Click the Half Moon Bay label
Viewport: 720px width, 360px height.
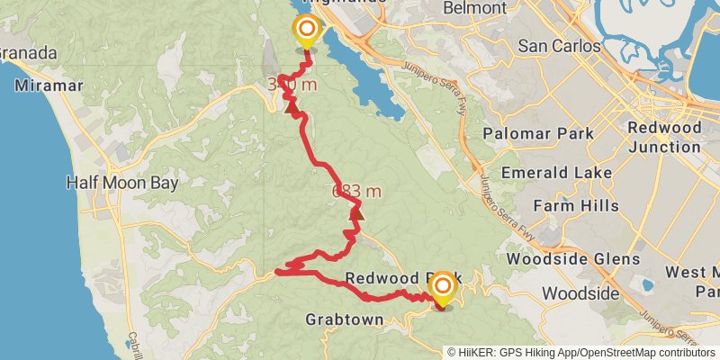pyautogui.click(x=122, y=183)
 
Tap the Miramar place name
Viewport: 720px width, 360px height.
pyautogui.click(x=49, y=85)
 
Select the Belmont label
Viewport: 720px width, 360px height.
pyautogui.click(x=474, y=8)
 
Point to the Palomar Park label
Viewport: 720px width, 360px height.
pyautogui.click(x=538, y=134)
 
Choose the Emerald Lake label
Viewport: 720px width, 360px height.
pyautogui.click(x=557, y=172)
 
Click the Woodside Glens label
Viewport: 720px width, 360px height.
pyautogui.click(x=573, y=259)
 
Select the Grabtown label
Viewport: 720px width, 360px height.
pyautogui.click(x=346, y=319)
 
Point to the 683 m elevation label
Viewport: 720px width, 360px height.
pyautogui.click(x=356, y=191)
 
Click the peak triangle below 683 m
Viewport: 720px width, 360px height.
pyautogui.click(x=357, y=213)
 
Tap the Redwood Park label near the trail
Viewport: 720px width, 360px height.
pyautogui.click(x=396, y=279)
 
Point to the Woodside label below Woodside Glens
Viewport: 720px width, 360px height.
pyautogui.click(x=580, y=293)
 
